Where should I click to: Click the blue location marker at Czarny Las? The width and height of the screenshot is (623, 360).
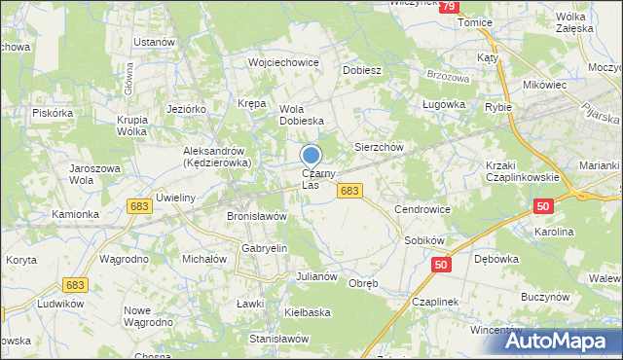tap(311, 156)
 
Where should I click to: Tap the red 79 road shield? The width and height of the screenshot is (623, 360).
tap(448, 7)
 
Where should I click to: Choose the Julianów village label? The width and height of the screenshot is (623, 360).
tap(316, 276)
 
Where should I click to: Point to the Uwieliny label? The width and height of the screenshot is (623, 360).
tap(177, 198)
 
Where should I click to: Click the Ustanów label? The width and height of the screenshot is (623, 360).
tap(154, 43)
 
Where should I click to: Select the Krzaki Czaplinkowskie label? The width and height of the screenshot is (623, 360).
tap(522, 171)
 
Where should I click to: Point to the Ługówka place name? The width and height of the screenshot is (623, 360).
tap(440, 102)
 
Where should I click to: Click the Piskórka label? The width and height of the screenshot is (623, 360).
tap(53, 113)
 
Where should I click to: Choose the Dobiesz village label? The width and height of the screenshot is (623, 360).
tap(362, 71)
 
